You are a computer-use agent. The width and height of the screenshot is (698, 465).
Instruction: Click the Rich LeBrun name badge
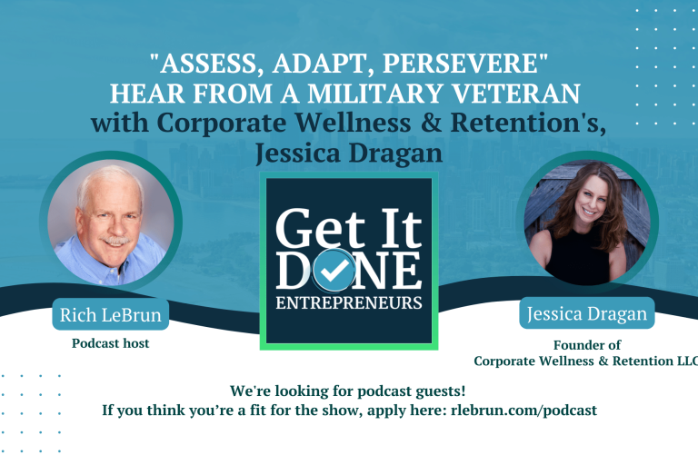point(111,314)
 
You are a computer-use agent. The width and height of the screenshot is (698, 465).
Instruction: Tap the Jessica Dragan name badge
point(587,315)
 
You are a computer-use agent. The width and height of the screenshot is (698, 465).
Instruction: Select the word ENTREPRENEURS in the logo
point(349,301)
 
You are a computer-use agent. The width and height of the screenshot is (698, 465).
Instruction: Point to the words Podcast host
point(111,343)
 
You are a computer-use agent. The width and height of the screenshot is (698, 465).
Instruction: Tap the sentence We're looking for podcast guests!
point(348,391)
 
